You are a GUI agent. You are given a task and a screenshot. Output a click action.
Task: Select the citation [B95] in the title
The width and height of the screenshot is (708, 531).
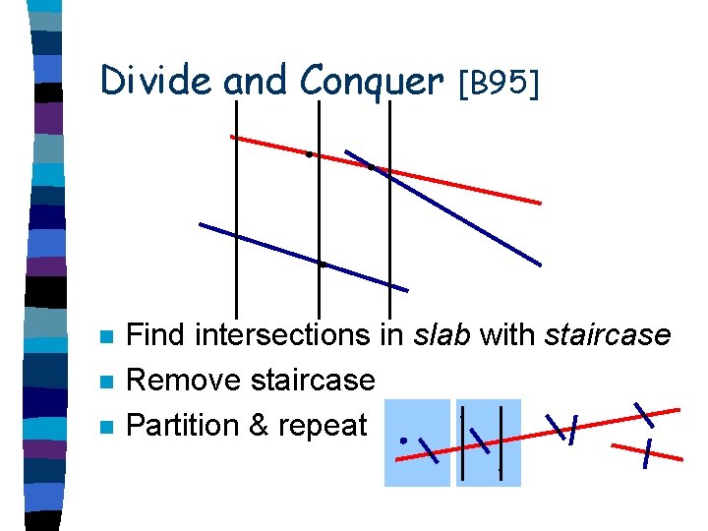click(x=499, y=84)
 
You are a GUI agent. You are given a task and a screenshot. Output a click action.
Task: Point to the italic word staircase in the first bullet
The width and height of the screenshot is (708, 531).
click(x=607, y=335)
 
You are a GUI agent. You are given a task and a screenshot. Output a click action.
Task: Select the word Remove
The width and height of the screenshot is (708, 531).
click(x=185, y=380)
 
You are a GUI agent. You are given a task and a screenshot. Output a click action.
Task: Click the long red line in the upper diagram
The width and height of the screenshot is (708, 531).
click(x=462, y=187)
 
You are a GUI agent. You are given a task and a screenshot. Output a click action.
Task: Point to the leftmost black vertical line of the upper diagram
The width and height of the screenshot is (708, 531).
click(x=236, y=226)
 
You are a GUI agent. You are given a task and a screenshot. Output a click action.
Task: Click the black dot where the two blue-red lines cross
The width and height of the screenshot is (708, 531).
click(x=371, y=167)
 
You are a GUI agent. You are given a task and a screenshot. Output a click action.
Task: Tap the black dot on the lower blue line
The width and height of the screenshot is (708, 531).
click(x=323, y=265)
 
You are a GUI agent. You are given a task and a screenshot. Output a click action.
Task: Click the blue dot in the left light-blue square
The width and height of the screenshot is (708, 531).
click(x=404, y=441)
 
